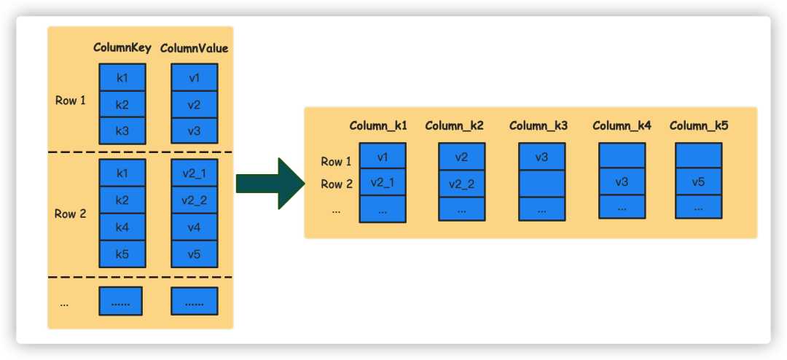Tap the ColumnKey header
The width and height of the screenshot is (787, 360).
coord(122,48)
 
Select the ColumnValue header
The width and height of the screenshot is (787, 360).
coord(194,48)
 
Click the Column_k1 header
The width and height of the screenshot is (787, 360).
coord(378,125)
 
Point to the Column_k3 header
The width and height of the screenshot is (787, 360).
coord(539,125)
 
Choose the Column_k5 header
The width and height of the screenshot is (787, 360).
coord(699,125)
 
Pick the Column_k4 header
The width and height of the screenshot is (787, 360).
coord(622,125)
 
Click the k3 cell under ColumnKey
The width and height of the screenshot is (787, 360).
coord(122,130)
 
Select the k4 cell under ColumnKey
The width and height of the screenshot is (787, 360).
coord(122,227)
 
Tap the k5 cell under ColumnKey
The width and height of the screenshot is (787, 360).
coord(122,254)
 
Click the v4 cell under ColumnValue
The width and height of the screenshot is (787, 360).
coord(194,227)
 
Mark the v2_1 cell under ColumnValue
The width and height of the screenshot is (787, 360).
coord(194,173)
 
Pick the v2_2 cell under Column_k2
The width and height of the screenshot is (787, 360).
coord(461,182)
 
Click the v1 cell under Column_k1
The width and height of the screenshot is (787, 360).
coord(383,157)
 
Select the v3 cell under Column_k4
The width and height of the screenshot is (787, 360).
coord(622,181)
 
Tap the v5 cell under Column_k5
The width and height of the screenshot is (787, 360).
coord(698,181)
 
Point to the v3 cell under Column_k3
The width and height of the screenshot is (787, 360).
coord(542,157)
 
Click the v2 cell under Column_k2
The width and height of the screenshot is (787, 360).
coord(461,157)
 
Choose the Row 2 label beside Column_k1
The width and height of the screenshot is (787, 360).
coord(337,184)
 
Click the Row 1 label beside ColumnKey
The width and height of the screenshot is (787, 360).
coord(71,101)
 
